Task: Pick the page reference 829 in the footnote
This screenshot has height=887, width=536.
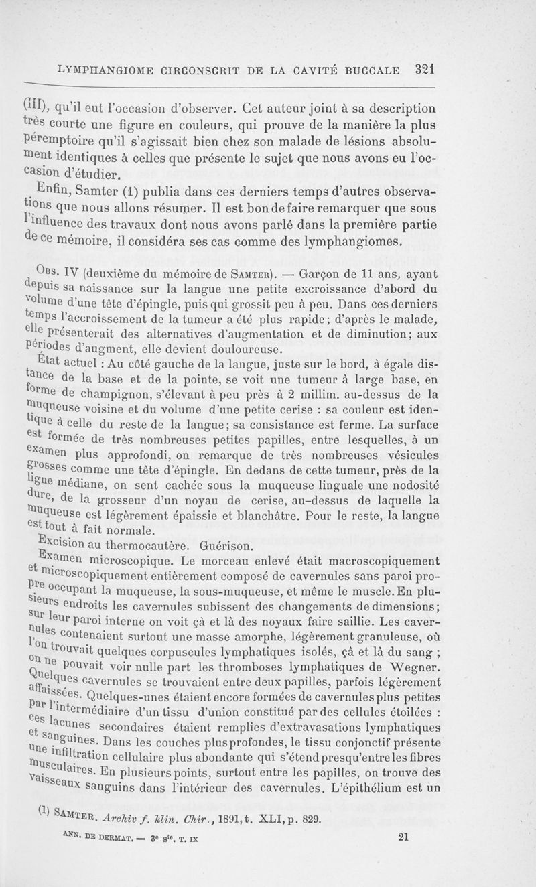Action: [312, 817]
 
